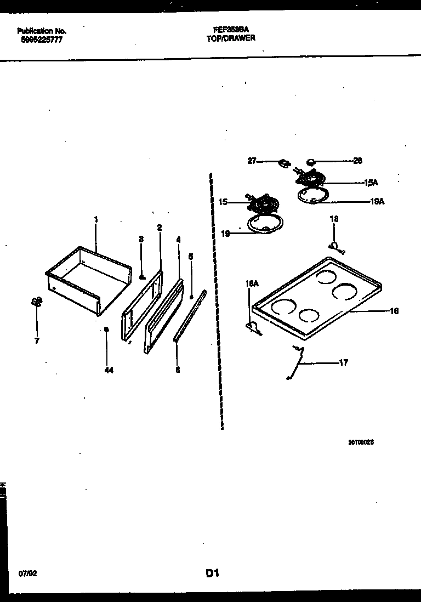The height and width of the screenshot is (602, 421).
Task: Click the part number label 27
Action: pos(252,161)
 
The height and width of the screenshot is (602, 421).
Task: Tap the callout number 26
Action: pos(357,161)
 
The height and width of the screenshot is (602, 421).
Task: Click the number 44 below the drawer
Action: pos(109,371)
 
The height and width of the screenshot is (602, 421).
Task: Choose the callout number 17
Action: pos(343,362)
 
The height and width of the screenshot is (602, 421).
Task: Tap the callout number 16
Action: pos(394,311)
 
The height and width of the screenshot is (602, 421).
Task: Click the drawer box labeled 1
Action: pos(88,277)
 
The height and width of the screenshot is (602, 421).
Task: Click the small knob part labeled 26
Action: pos(311,161)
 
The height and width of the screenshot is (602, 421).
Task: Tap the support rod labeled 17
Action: pos(295,361)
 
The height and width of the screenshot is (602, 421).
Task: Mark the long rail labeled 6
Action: pos(190,316)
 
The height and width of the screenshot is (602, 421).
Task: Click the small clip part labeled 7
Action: pos(36,302)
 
